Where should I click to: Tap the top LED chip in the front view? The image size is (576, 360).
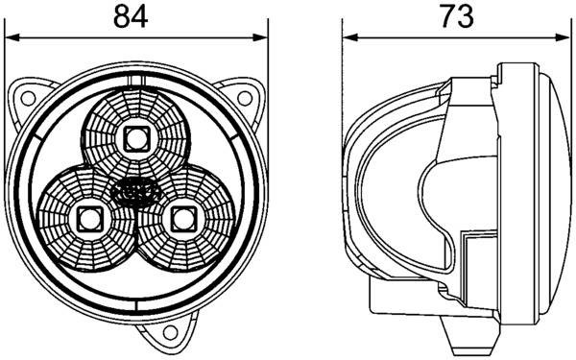tap(135, 139)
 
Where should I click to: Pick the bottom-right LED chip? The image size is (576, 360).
tap(181, 217)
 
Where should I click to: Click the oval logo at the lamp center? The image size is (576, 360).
tap(134, 191)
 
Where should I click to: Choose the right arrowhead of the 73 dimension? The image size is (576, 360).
tap(564, 38)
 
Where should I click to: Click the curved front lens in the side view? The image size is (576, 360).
tap(552, 192)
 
